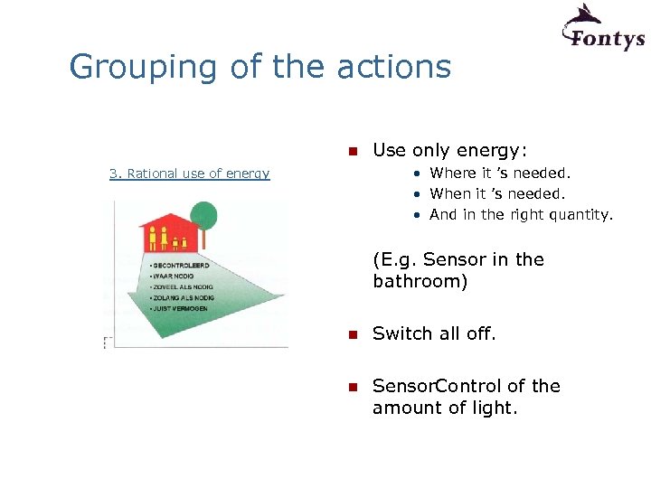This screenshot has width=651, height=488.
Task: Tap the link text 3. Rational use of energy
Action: click(x=189, y=174)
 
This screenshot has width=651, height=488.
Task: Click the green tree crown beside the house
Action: click(x=204, y=215)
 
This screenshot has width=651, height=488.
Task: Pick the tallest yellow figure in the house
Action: click(x=153, y=238)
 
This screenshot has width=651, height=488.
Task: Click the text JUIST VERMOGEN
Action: click(x=181, y=308)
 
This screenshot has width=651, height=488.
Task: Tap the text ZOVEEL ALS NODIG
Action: click(x=184, y=287)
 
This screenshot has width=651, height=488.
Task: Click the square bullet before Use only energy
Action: click(x=354, y=150)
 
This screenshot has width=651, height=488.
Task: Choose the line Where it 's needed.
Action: click(x=500, y=173)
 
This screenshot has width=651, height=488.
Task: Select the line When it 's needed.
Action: click(x=497, y=193)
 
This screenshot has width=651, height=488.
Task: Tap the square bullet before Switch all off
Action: click(x=354, y=334)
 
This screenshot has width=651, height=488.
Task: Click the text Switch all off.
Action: click(x=434, y=333)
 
